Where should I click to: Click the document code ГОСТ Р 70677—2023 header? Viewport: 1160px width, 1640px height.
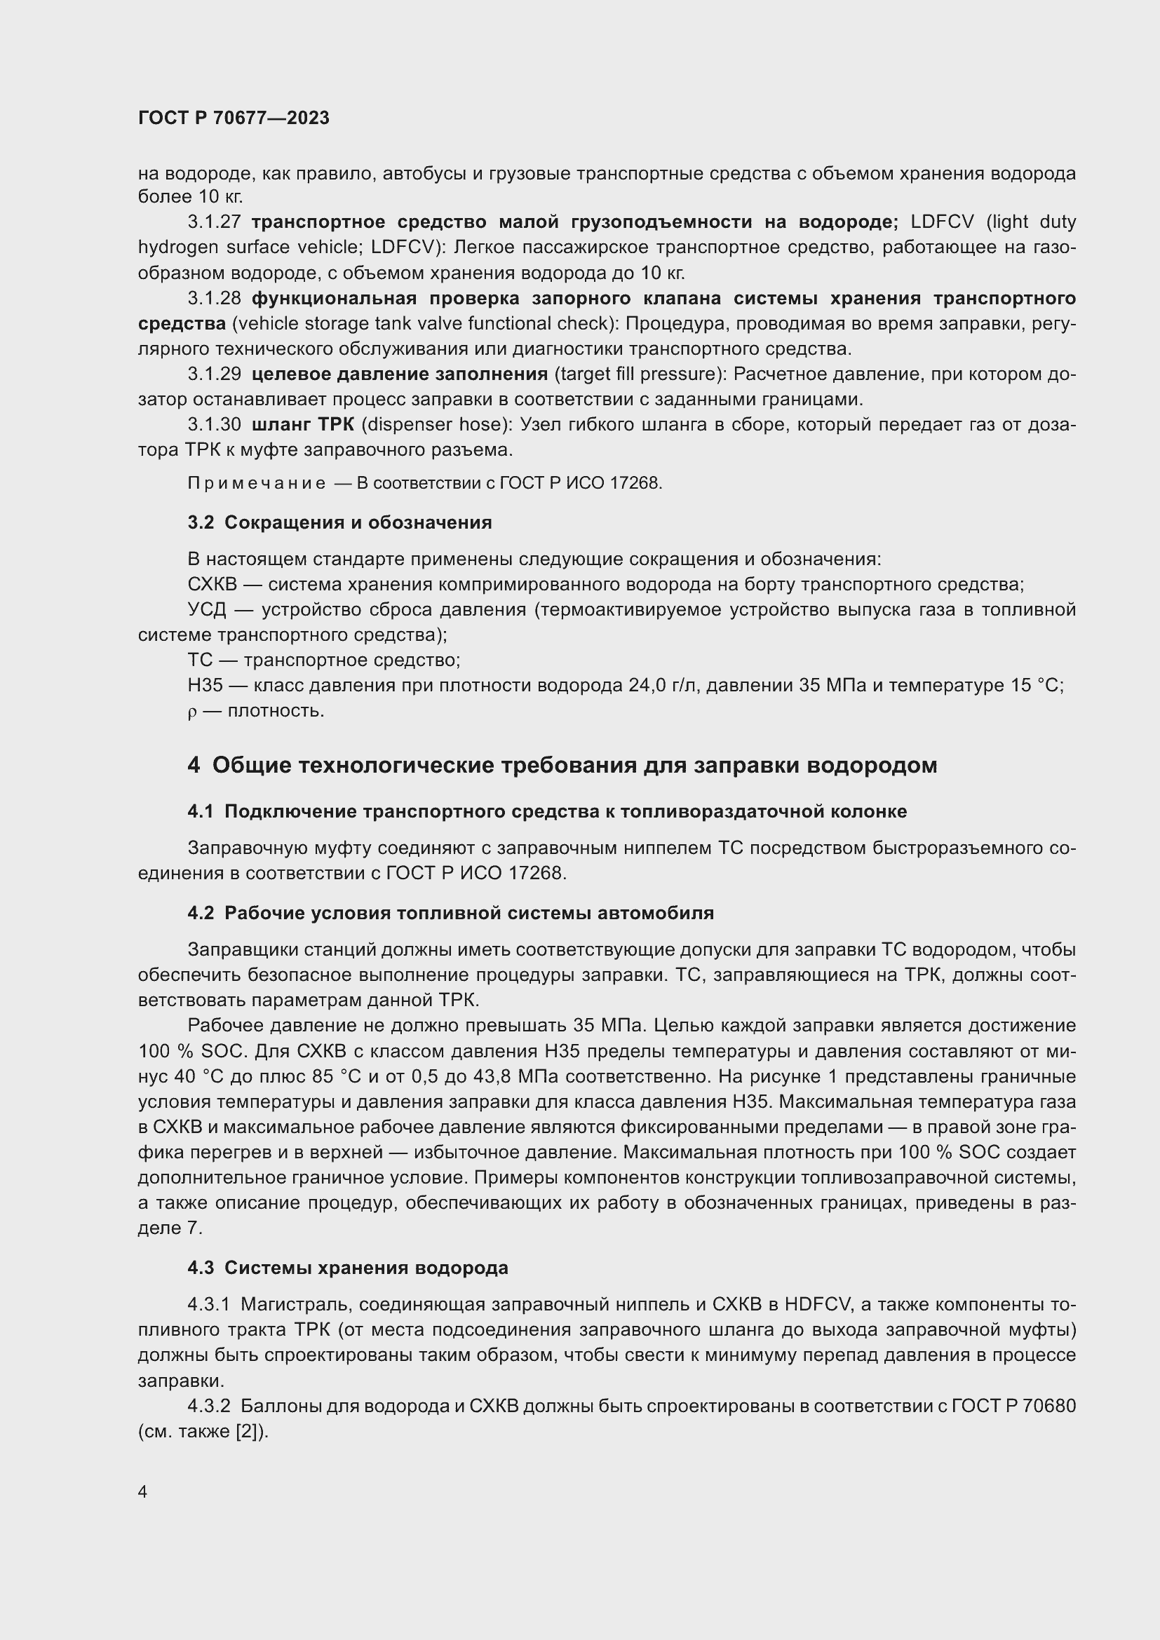tap(234, 118)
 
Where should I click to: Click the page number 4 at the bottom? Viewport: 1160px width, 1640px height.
tap(143, 1491)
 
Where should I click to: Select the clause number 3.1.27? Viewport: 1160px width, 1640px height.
tap(215, 222)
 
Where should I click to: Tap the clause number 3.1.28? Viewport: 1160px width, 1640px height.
tap(215, 298)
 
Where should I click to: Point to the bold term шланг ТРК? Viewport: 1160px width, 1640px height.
tap(303, 424)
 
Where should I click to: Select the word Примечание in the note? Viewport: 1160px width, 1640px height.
tap(257, 484)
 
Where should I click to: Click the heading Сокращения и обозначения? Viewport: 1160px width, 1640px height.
tap(358, 522)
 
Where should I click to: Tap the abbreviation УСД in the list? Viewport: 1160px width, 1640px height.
tap(206, 610)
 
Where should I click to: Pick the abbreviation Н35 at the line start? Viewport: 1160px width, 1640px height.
tap(205, 686)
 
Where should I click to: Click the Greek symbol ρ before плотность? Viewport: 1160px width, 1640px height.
tap(191, 712)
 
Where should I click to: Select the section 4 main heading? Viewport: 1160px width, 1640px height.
tap(562, 765)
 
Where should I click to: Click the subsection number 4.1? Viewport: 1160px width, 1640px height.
tap(201, 811)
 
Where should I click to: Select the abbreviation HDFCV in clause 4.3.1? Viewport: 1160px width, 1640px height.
tap(817, 1304)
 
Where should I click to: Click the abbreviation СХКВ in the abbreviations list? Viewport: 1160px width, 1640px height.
tap(211, 584)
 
